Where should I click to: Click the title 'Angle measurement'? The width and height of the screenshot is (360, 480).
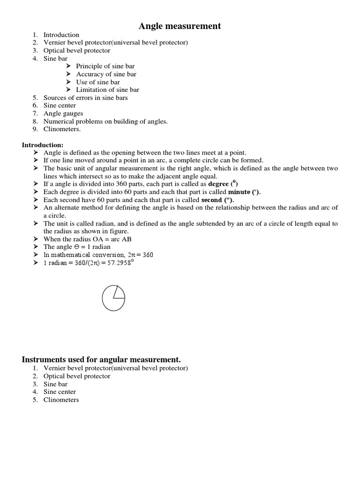click(180, 26)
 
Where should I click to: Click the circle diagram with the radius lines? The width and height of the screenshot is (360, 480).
click(113, 298)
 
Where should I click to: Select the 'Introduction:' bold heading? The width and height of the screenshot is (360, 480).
click(43, 145)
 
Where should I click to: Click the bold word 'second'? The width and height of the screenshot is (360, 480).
click(211, 199)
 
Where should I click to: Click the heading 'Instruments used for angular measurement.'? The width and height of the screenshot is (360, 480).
click(101, 360)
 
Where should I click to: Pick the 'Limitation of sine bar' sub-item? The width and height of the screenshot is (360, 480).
click(107, 90)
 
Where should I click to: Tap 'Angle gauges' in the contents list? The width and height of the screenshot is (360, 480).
click(63, 113)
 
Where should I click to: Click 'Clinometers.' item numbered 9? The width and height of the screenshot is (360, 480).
click(62, 129)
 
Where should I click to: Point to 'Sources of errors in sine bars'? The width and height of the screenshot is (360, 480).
click(85, 97)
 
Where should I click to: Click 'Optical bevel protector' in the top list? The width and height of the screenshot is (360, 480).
click(77, 50)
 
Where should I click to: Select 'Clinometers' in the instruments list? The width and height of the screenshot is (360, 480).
click(61, 400)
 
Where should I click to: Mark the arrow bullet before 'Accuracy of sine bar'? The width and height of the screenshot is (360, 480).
click(68, 74)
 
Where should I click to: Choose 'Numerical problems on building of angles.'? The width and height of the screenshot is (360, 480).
click(105, 121)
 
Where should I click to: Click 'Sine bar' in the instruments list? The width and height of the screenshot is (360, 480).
click(55, 384)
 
